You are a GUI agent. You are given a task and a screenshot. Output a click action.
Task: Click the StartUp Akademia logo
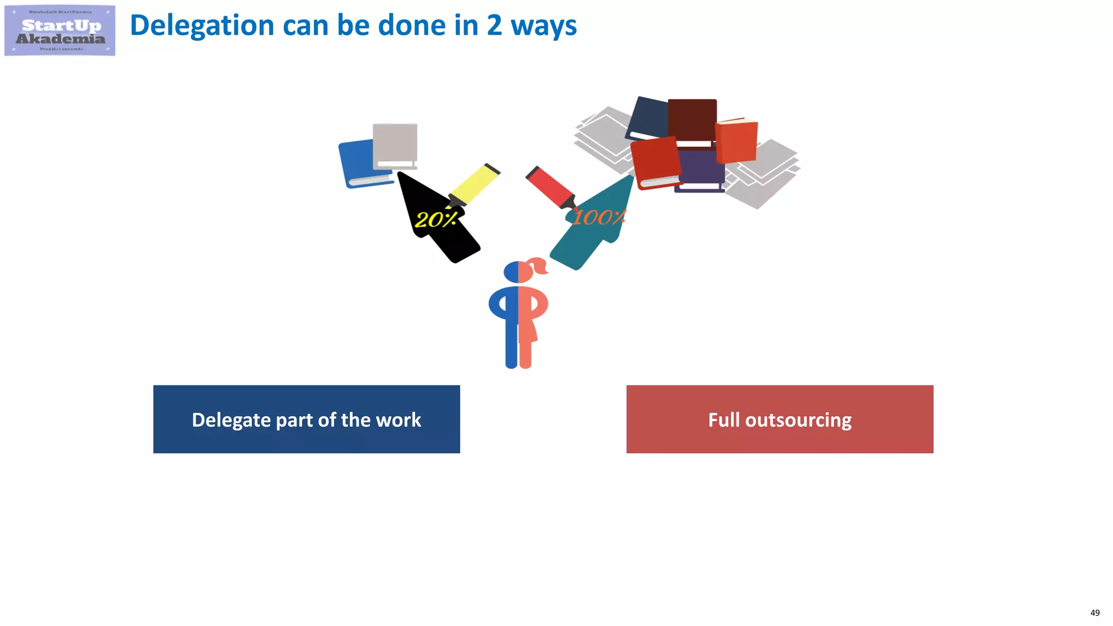click(x=60, y=30)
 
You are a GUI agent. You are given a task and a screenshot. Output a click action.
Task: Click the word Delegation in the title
click(x=202, y=26)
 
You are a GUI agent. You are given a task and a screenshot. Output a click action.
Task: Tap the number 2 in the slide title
click(x=494, y=26)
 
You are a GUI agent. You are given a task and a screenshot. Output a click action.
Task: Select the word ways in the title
click(x=543, y=27)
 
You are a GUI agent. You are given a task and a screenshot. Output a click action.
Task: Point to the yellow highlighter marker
click(x=474, y=184)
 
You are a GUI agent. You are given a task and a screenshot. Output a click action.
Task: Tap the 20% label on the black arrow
click(x=436, y=220)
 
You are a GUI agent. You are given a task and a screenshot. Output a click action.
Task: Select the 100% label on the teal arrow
click(x=598, y=217)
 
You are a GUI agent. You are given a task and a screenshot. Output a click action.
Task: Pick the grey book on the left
click(x=395, y=143)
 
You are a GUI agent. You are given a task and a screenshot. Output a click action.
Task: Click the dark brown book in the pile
click(x=692, y=118)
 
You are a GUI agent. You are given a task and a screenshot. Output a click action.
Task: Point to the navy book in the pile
click(x=648, y=116)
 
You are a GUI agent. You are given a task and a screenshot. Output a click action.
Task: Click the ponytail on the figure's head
click(x=538, y=266)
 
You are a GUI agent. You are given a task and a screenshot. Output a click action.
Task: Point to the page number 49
click(x=1095, y=613)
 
